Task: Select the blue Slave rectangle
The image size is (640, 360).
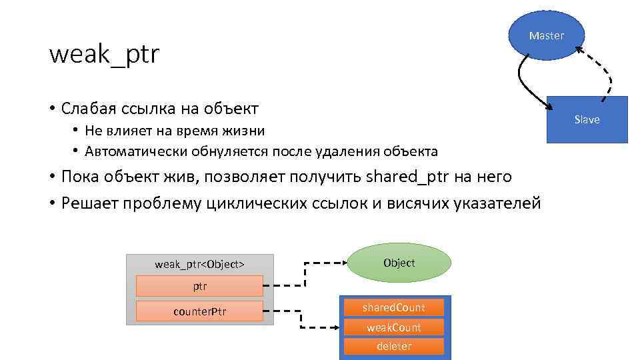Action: click(587, 119)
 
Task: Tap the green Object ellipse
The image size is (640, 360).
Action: click(400, 263)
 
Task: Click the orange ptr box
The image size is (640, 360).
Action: click(199, 286)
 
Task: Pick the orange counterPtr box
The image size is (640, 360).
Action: click(199, 311)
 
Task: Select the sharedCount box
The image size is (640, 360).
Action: click(393, 307)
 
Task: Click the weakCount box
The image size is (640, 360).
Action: click(393, 327)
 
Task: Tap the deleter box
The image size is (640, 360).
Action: click(393, 346)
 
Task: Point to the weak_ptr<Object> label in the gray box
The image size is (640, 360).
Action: click(199, 264)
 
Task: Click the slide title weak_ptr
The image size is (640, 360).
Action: click(105, 55)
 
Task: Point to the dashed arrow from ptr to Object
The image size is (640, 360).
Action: click(305, 274)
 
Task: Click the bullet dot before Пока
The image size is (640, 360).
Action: click(51, 177)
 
